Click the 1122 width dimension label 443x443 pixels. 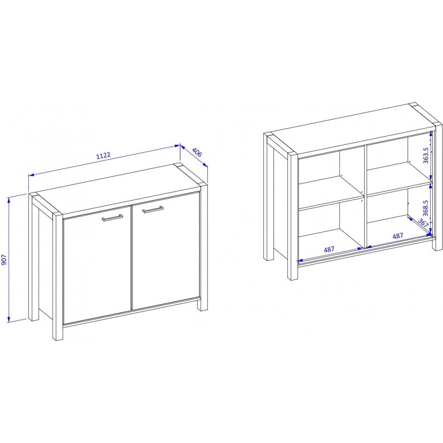pos(103,155)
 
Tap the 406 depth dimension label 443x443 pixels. pos(197,152)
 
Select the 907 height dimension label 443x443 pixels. pos(4,259)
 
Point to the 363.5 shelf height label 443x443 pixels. pos(426,155)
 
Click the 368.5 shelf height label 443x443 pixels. pos(425,208)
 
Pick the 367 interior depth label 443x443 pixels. pos(423,223)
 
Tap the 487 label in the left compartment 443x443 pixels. pos(329,249)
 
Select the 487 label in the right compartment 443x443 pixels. pos(398,236)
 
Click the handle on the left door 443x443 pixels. pos(113,218)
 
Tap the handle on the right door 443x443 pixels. pos(153,209)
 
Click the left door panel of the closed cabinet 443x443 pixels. pos(97,265)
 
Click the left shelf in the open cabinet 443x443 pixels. pos(330,193)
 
